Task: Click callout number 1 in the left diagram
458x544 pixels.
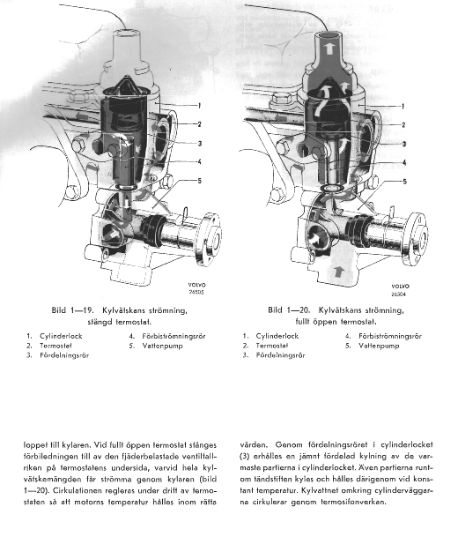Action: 199,106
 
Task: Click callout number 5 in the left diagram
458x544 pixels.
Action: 199,181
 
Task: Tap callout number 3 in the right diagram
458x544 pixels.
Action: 403,144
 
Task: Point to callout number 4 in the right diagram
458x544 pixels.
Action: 404,162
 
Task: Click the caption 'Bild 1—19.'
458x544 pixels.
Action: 72,310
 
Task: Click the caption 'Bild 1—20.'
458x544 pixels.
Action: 289,309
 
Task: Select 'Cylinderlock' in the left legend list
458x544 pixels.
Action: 61,336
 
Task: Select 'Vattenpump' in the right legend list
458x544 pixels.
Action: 379,346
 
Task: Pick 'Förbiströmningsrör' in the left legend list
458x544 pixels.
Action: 174,336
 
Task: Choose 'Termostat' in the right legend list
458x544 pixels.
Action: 272,346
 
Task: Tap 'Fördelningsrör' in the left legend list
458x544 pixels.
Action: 64,355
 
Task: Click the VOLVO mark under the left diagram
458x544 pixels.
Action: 196,285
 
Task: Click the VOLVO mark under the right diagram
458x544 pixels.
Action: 401,287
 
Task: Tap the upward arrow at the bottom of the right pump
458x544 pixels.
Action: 339,272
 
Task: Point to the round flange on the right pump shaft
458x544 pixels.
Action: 415,239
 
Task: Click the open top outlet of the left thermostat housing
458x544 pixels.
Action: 127,33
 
